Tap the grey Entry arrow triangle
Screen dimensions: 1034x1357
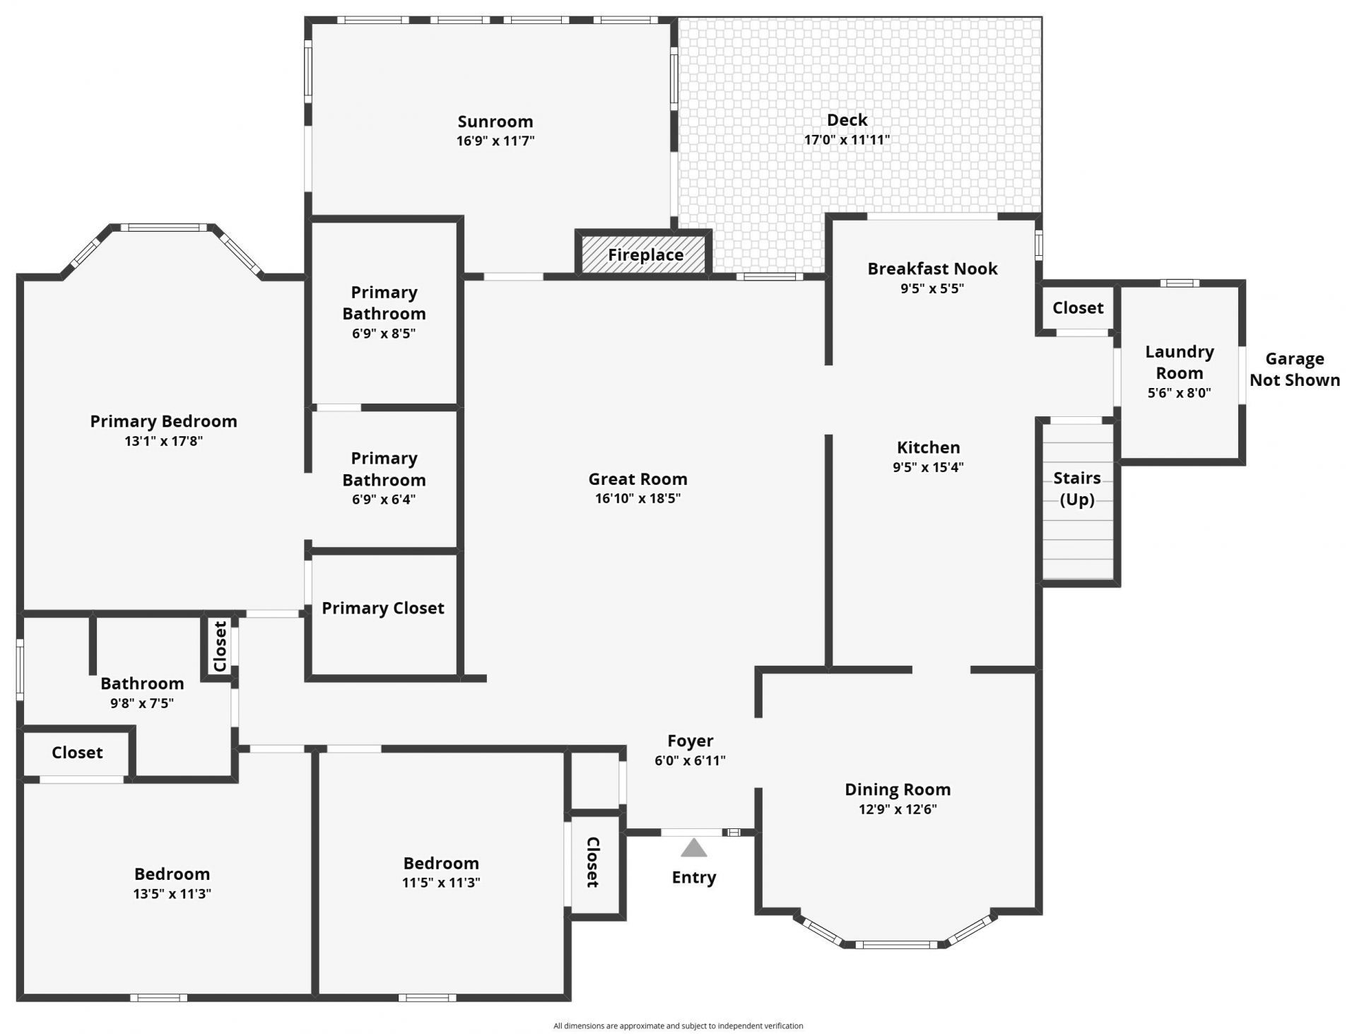click(693, 847)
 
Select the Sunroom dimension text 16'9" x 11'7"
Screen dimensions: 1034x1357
click(495, 141)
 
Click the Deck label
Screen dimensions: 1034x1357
click(847, 120)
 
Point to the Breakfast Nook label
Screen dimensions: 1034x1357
click(932, 269)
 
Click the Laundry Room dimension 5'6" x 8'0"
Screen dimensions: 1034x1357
click(1178, 393)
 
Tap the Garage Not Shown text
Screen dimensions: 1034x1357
click(1294, 370)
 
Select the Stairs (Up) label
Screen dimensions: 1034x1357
click(1076, 488)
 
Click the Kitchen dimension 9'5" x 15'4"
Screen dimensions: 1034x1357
click(927, 467)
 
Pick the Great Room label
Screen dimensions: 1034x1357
click(638, 478)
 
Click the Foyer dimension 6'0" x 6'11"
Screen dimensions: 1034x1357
click(690, 760)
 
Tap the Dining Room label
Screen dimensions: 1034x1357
click(897, 789)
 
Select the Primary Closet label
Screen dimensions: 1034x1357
click(382, 608)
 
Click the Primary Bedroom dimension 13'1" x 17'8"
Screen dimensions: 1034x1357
click(163, 441)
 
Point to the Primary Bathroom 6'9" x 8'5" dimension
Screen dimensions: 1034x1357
click(383, 334)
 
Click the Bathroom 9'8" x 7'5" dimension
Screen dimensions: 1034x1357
click(141, 703)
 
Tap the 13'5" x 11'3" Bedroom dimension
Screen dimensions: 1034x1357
click(172, 893)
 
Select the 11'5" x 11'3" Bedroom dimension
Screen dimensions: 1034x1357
click(441, 882)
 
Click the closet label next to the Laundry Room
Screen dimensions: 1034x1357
click(1077, 307)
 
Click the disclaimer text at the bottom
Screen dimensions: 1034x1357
click(678, 1026)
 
